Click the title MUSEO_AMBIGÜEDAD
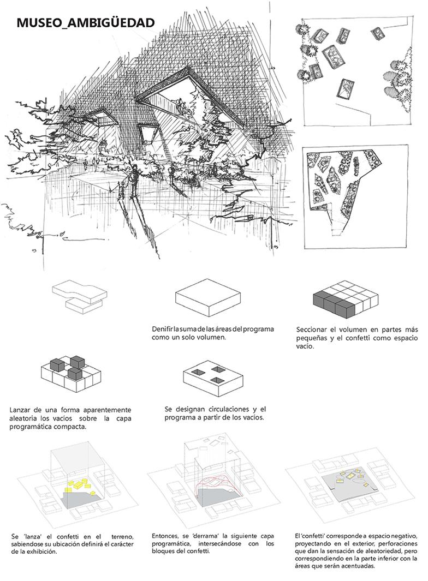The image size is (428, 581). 86,22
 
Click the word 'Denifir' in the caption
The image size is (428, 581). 163,329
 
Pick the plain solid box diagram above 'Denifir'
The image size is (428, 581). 207,298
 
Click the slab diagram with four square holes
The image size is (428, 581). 210,377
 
